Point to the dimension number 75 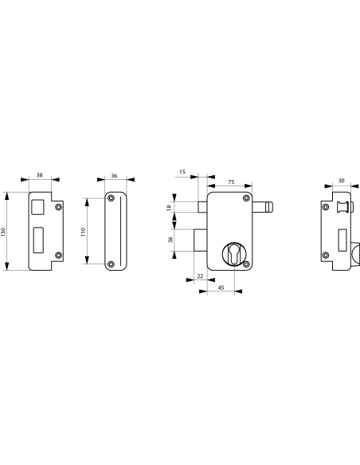231,182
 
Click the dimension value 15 182,172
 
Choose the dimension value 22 199,275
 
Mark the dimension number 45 220,287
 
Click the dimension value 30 341,181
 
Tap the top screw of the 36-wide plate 112,198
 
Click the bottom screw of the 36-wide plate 112,264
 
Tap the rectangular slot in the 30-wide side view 340,236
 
